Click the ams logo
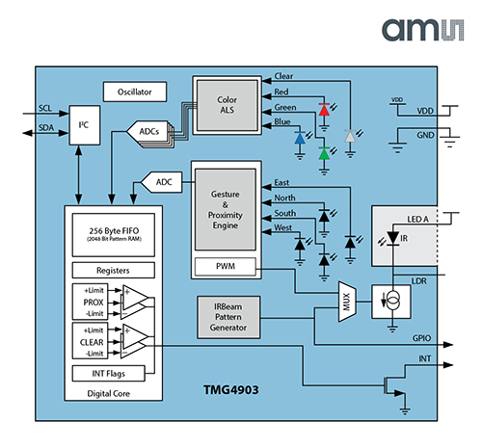click(425, 31)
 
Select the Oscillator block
click(135, 92)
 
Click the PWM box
click(224, 265)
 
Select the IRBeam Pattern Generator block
click(229, 316)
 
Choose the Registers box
click(113, 271)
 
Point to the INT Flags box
click(113, 373)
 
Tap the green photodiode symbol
click(325, 148)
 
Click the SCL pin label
click(45, 108)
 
